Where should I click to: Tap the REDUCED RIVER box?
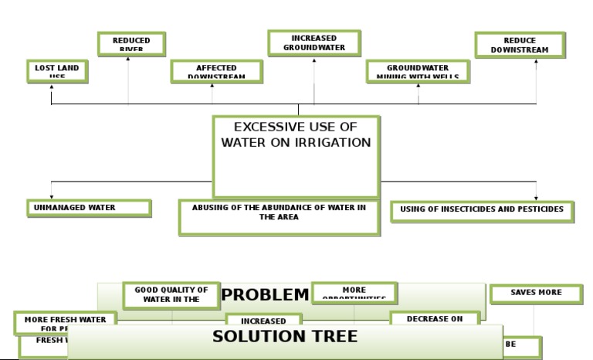[x=132, y=43]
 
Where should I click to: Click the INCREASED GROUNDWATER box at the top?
[x=313, y=42]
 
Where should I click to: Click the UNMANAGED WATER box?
[x=88, y=207]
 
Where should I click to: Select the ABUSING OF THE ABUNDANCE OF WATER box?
[x=279, y=216]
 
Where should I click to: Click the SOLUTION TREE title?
[x=285, y=337]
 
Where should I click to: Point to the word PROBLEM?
[x=265, y=294]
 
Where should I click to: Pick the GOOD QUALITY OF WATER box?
[x=165, y=295]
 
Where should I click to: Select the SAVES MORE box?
[x=536, y=293]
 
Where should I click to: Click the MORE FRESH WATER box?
[x=65, y=320]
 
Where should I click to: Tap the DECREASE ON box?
[x=435, y=318]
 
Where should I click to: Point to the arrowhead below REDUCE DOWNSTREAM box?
[x=536, y=61]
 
